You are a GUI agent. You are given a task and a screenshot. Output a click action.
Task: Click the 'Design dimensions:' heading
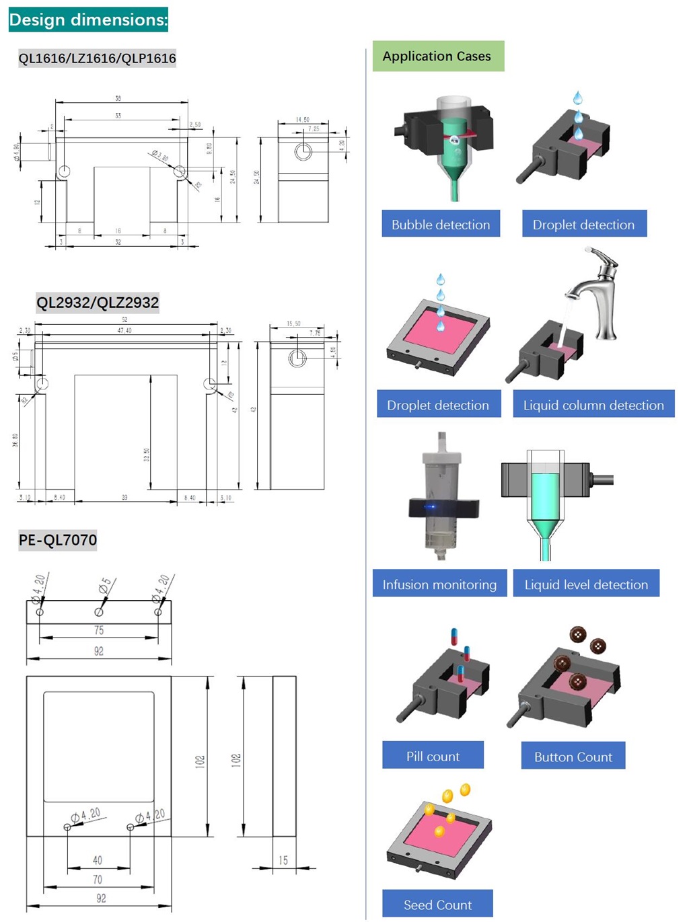[x=88, y=20]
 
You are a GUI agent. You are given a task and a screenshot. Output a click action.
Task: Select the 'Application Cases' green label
[x=437, y=56]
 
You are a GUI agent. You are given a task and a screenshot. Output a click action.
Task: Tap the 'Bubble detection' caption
[x=441, y=225]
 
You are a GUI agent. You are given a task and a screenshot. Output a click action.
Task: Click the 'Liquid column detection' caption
[x=593, y=405]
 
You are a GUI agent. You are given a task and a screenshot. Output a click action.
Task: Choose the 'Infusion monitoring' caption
[x=439, y=584]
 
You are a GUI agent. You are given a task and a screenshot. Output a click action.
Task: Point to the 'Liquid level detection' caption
[x=586, y=584]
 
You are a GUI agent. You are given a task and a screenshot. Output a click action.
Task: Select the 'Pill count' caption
[x=433, y=757]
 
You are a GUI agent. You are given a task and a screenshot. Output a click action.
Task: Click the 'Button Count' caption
[x=573, y=757]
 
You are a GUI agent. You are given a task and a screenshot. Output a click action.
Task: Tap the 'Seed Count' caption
[x=437, y=905]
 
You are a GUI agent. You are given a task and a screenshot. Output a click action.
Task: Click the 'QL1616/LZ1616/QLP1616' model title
[x=98, y=59]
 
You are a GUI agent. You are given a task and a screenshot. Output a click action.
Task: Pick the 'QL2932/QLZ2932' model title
[x=98, y=303]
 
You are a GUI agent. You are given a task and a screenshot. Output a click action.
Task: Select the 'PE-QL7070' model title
[x=58, y=540]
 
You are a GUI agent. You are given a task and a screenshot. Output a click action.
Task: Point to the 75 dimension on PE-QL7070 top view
[x=99, y=630]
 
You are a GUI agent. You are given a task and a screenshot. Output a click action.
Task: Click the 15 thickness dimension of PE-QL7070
[x=283, y=860]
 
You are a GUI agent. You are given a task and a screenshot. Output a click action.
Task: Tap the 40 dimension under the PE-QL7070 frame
[x=98, y=860]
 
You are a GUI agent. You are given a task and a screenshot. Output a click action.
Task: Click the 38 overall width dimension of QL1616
[x=118, y=98]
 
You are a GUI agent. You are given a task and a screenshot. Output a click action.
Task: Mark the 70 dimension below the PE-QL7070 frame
[x=98, y=880]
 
